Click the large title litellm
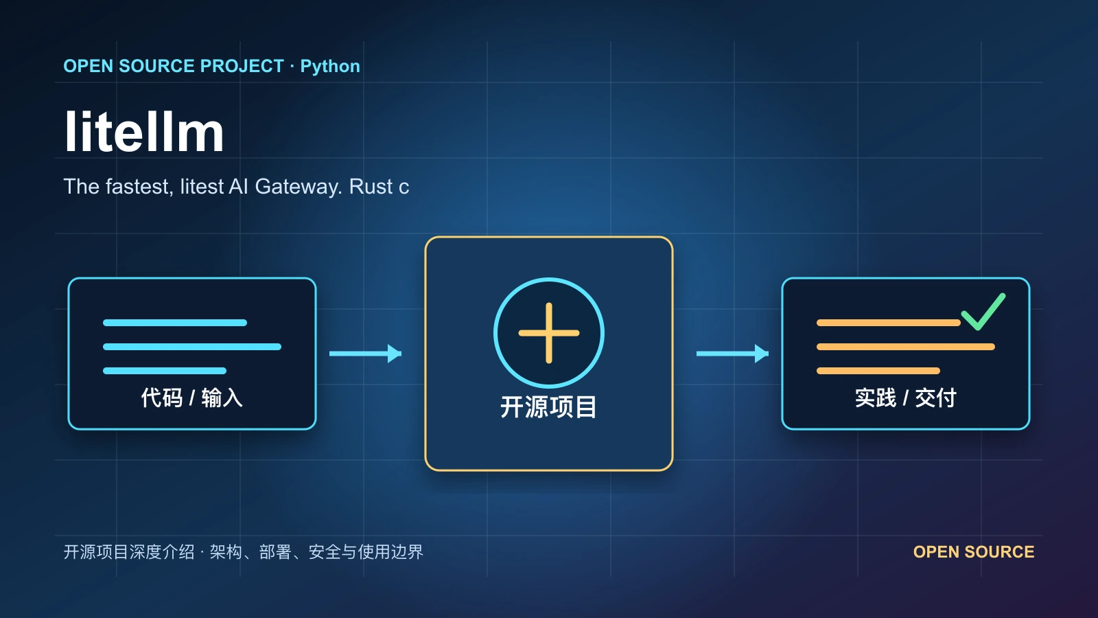144,132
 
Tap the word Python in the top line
330,66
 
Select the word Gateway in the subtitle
299,187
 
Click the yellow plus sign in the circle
549,333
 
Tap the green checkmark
984,312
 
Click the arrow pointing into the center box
365,353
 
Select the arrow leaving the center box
732,353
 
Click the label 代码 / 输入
191,398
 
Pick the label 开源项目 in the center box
548,407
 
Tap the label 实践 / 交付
905,398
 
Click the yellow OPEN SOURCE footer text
974,552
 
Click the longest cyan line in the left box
192,347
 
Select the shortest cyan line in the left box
165,371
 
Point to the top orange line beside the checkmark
889,323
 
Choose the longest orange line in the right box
906,347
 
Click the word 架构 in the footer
226,552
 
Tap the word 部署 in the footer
275,552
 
